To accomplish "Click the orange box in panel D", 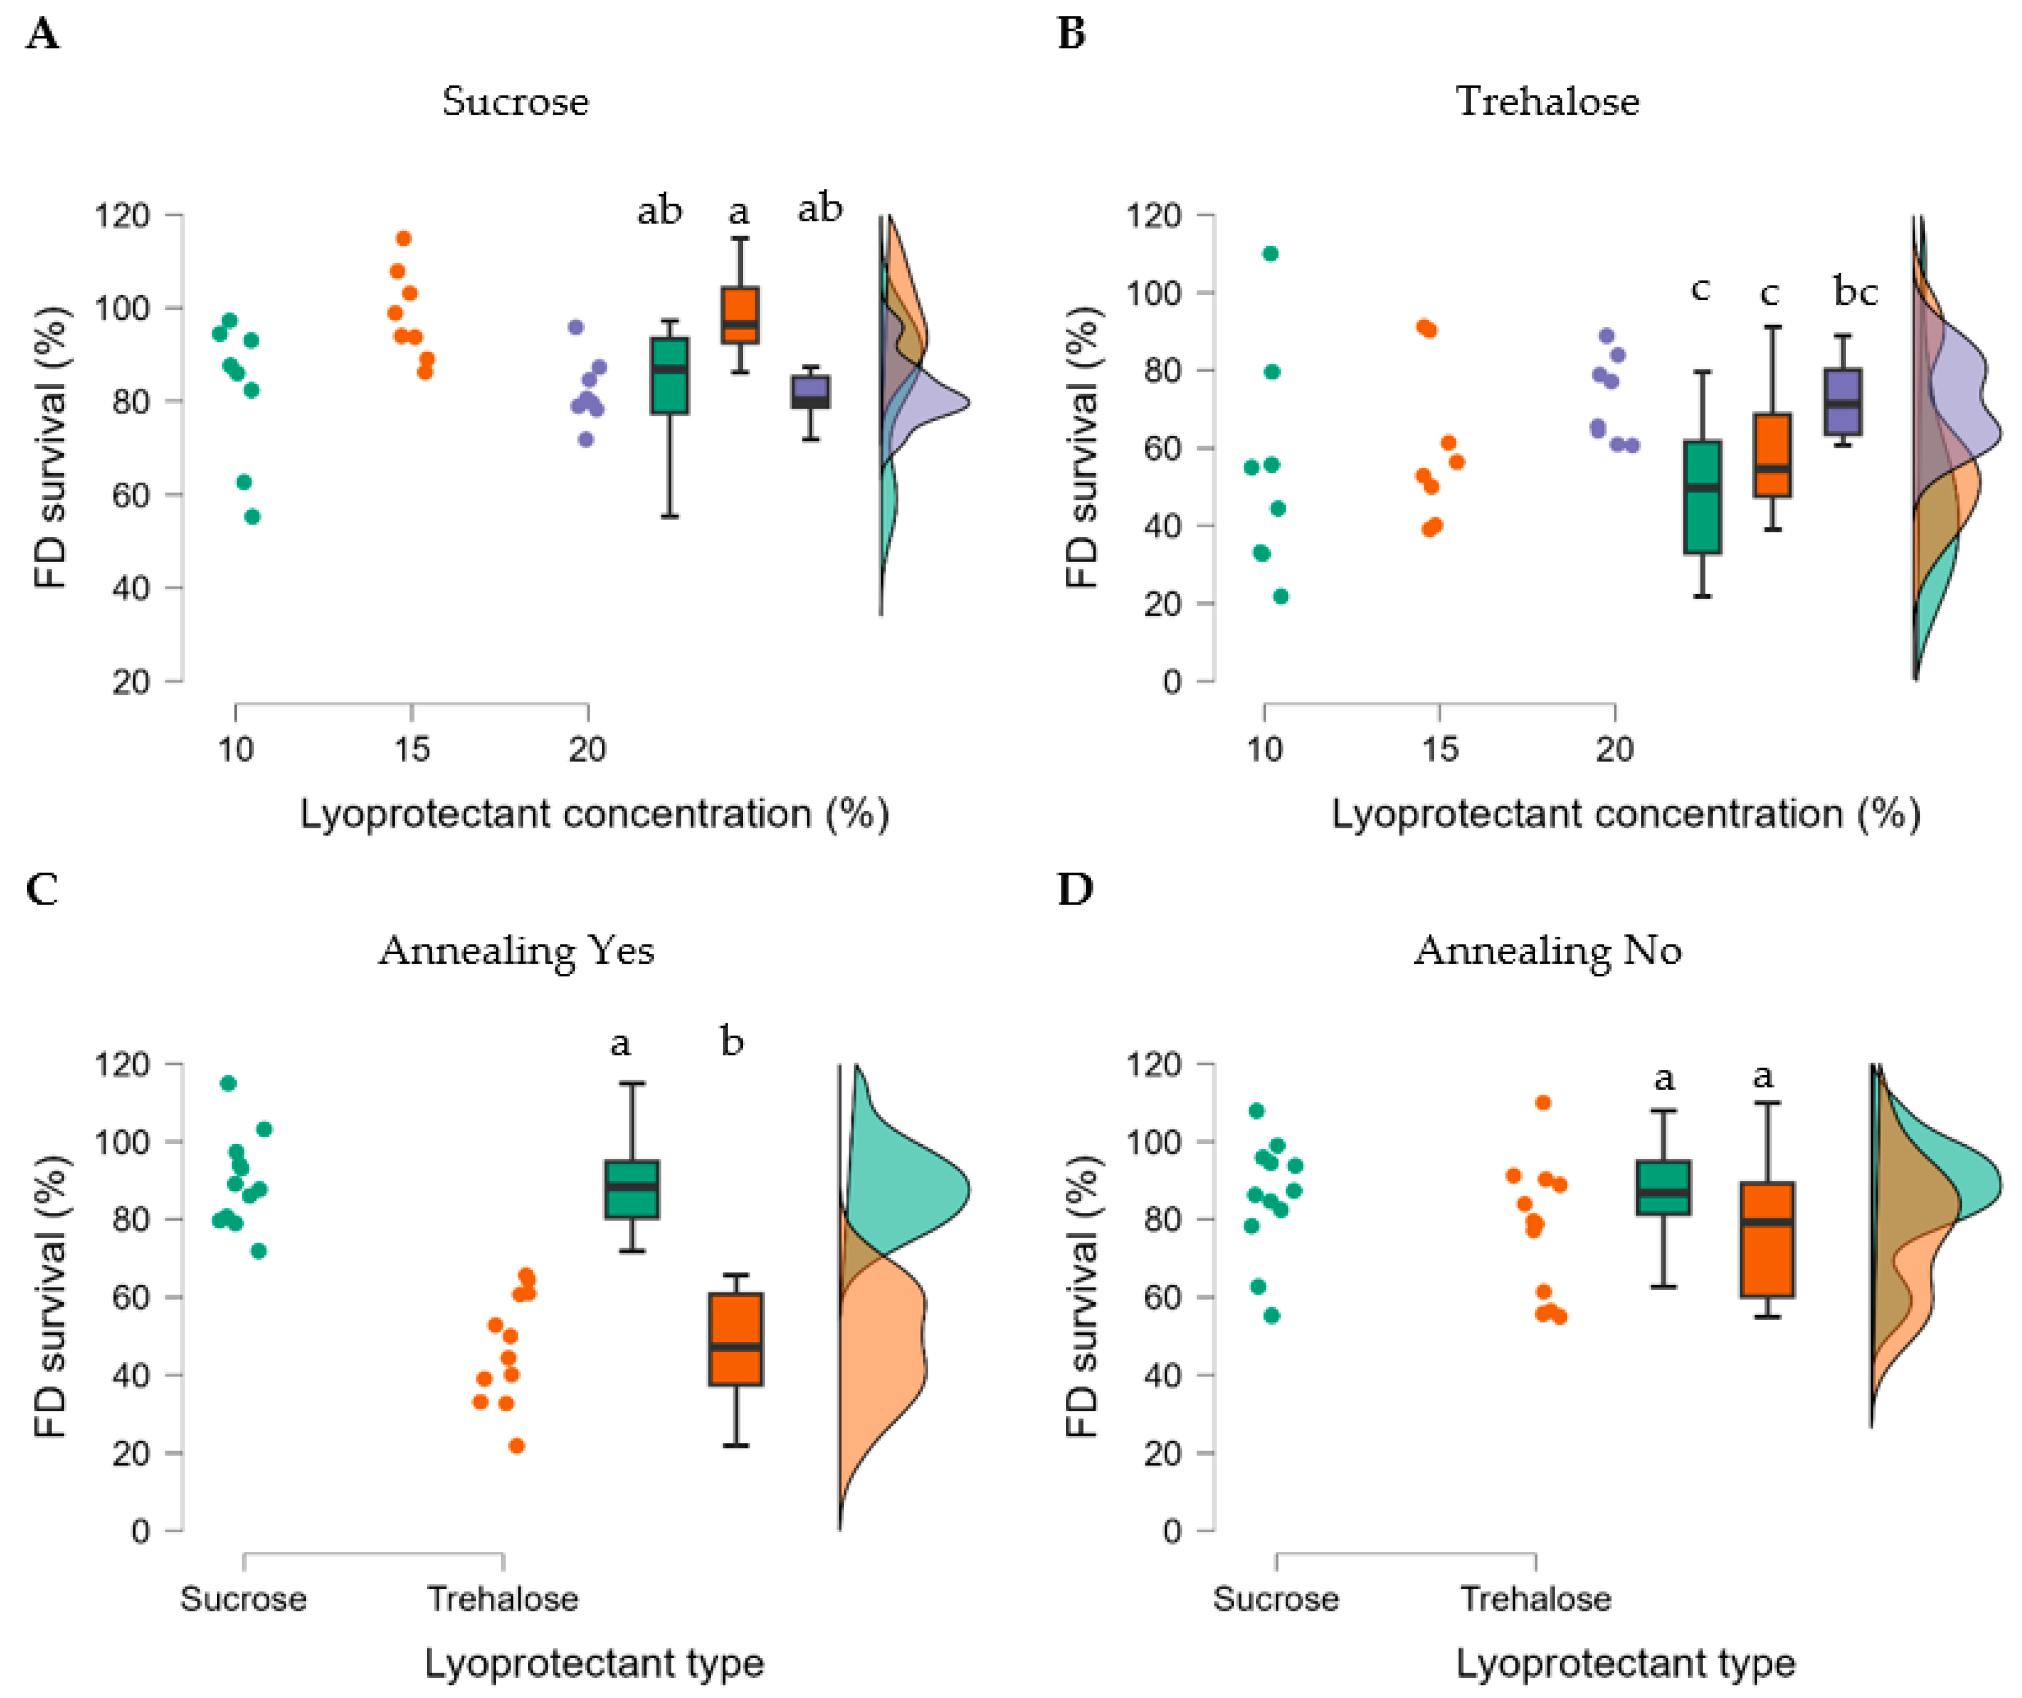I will click(x=1767, y=1240).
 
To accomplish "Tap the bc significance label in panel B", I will click(x=1854, y=291).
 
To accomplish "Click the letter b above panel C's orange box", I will click(x=732, y=1041).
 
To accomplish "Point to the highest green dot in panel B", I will click(x=1270, y=253).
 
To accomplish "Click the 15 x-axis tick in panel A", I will click(x=412, y=749).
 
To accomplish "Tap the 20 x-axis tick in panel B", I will click(x=1615, y=749).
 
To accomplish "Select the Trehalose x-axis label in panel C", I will click(x=503, y=1599).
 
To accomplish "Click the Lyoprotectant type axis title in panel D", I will click(x=1624, y=1663).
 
